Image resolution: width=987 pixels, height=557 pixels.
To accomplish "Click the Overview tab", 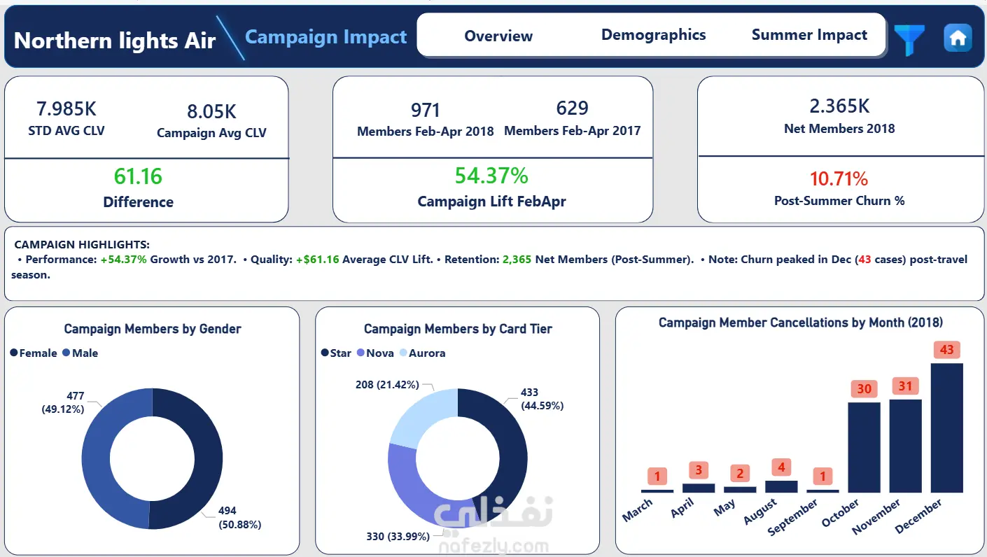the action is (x=498, y=36).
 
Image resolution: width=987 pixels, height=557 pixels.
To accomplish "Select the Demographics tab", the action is (x=653, y=35).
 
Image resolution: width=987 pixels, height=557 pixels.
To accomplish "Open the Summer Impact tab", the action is (x=809, y=35).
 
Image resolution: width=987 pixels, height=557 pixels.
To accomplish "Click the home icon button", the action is (x=958, y=38).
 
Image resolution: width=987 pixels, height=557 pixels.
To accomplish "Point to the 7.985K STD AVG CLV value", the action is (x=66, y=108).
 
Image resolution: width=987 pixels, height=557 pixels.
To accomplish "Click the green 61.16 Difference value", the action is (x=138, y=176).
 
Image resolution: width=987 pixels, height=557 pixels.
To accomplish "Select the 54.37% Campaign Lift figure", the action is (x=491, y=175).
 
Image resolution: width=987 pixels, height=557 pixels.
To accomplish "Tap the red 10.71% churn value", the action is (x=839, y=178).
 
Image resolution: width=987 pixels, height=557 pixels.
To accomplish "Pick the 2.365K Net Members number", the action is (x=839, y=106).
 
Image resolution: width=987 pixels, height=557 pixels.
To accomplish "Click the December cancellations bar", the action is (x=947, y=428).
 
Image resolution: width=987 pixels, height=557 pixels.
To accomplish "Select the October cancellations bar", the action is (x=864, y=447).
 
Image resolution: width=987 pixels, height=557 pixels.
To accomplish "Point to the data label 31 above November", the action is (x=906, y=386).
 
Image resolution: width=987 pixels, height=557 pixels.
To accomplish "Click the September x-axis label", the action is (x=792, y=517).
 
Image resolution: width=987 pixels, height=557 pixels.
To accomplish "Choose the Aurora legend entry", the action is (x=423, y=353).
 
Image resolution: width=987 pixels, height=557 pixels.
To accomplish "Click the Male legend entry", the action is (x=80, y=353).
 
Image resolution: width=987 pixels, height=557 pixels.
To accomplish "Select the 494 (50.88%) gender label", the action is (x=239, y=517).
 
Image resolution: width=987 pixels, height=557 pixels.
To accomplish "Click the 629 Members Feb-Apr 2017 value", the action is (x=572, y=108).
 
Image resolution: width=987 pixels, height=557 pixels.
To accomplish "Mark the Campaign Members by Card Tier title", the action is (x=458, y=329).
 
